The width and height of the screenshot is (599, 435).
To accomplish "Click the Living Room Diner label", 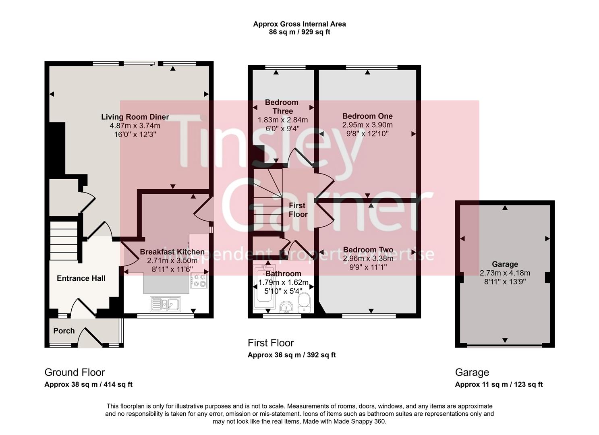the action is pyautogui.click(x=135, y=117).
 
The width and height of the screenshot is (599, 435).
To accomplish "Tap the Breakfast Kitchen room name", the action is pyautogui.click(x=172, y=252).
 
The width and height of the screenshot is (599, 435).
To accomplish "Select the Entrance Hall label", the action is pyautogui.click(x=81, y=278).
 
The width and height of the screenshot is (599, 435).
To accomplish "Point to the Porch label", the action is pyautogui.click(x=64, y=331).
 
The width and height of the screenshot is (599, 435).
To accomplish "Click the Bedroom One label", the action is pyautogui.click(x=367, y=116).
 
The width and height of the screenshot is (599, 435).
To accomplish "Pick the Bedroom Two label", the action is pyautogui.click(x=368, y=249).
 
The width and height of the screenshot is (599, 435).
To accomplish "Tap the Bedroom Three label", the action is pyautogui.click(x=282, y=106).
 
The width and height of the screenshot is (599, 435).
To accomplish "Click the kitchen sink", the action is pyautogui.click(x=166, y=304).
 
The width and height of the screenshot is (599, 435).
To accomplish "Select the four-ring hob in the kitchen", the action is pyautogui.click(x=199, y=280).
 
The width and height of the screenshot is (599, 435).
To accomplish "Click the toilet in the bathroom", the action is pyautogui.click(x=304, y=302).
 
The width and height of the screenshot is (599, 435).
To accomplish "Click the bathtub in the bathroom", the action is pyautogui.click(x=264, y=287).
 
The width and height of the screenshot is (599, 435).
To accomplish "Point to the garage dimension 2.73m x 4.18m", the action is pyautogui.click(x=505, y=273).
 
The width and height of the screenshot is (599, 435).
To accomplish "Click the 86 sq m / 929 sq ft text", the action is pyautogui.click(x=300, y=32).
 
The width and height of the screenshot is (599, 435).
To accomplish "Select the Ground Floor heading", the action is pyautogui.click(x=75, y=372).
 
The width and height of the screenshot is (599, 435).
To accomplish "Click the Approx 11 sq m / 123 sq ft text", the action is pyautogui.click(x=499, y=385).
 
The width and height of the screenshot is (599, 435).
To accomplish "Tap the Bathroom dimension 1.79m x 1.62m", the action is pyautogui.click(x=284, y=282).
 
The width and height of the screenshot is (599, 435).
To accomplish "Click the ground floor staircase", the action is pyautogui.click(x=64, y=240).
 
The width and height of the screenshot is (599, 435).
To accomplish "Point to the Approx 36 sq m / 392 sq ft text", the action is pyautogui.click(x=292, y=355).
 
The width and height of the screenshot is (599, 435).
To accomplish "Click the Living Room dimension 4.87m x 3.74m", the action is pyautogui.click(x=135, y=125).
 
